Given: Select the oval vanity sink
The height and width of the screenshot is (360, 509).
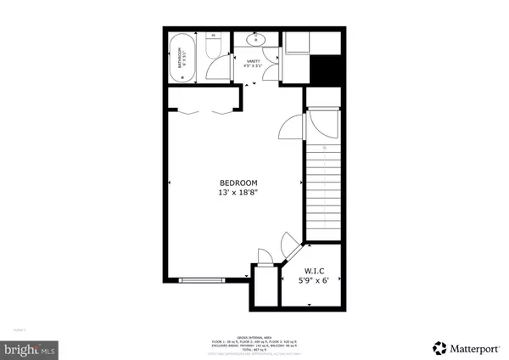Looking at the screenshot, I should (x=255, y=39).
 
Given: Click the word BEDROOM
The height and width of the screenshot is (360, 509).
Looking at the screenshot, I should (x=238, y=183).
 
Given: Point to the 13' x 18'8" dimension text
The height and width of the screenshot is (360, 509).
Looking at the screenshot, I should (x=238, y=194).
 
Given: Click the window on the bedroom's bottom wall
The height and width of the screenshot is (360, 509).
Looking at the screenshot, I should (x=203, y=278).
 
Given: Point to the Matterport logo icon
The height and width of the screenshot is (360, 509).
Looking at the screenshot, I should (x=439, y=346).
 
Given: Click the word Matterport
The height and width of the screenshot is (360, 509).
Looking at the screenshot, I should (x=472, y=346).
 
